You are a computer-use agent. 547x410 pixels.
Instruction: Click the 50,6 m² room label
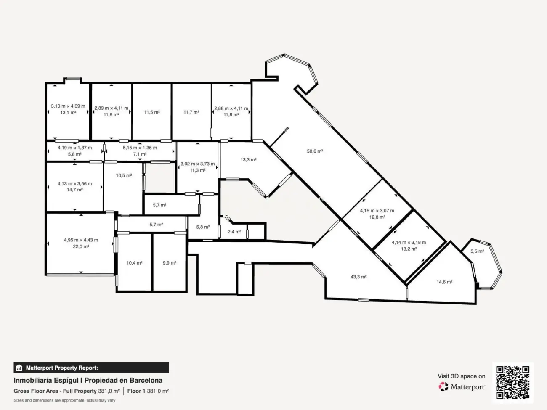315,151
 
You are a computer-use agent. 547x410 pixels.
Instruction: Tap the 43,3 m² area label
358,277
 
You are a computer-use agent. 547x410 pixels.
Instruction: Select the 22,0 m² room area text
81,247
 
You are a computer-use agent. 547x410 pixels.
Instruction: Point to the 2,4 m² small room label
234,232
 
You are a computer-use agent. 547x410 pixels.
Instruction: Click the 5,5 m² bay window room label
477,251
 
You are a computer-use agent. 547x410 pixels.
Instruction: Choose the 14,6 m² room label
444,282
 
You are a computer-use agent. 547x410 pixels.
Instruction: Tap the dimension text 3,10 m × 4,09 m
68,106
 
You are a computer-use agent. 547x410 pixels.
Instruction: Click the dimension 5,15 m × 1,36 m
140,148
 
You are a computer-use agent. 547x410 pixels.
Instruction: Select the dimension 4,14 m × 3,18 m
409,243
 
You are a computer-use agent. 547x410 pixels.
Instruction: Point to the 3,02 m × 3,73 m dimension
197,164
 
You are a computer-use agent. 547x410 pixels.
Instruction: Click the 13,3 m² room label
248,160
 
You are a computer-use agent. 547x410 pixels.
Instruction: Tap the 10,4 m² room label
134,263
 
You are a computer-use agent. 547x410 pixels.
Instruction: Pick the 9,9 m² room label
170,263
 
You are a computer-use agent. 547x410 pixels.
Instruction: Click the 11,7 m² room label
191,112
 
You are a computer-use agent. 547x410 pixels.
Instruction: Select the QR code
512,383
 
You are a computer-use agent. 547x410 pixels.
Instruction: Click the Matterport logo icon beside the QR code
443,387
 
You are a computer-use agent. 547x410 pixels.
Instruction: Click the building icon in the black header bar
19,368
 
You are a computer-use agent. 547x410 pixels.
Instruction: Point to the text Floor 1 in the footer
136,391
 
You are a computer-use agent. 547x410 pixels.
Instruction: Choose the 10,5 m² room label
124,176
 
